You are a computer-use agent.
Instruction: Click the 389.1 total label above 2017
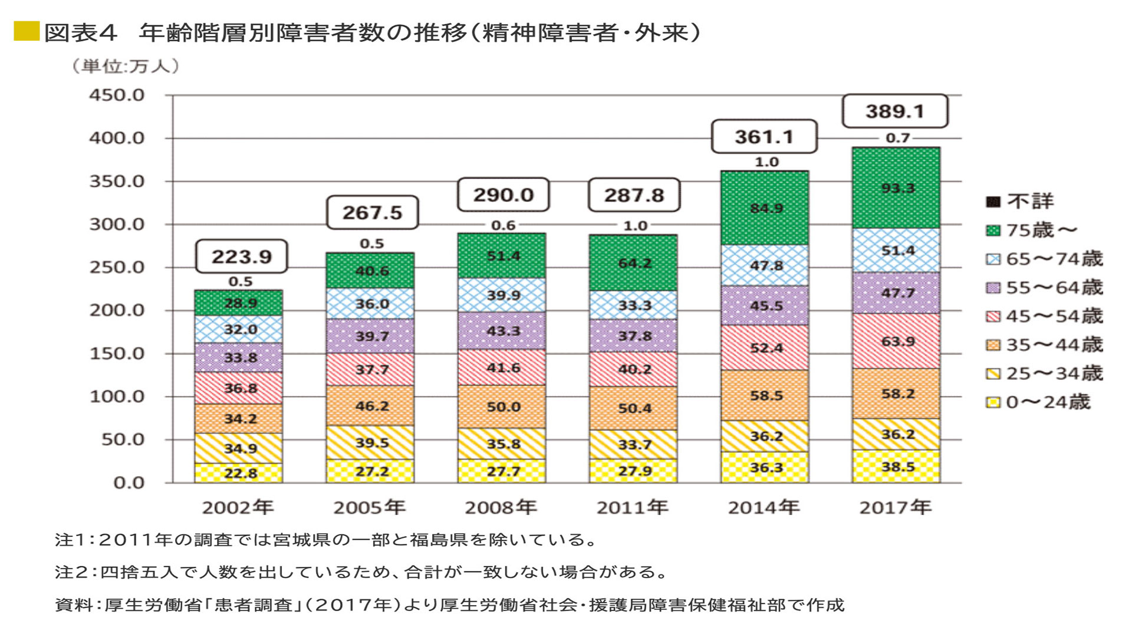(x=894, y=111)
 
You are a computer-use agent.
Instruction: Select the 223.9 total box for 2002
(x=241, y=257)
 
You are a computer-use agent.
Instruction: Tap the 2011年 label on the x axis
(x=632, y=507)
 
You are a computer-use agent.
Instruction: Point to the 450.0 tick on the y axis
(x=117, y=95)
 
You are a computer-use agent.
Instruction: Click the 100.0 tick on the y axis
(x=117, y=396)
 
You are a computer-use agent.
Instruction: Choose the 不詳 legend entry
(x=1020, y=202)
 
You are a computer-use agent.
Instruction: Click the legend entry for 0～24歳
(x=1038, y=402)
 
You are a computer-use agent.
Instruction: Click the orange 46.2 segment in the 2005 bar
(x=370, y=406)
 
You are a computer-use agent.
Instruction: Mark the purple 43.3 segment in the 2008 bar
(x=502, y=331)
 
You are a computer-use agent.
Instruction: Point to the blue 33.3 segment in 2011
(x=634, y=306)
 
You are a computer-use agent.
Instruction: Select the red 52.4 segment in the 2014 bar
(x=765, y=348)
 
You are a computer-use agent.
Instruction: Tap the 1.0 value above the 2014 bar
(x=766, y=162)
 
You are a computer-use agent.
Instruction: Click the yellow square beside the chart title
(x=27, y=31)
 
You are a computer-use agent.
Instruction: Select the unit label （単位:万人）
(x=125, y=65)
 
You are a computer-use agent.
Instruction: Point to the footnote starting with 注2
(x=361, y=572)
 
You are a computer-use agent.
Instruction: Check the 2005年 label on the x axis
(x=369, y=507)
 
